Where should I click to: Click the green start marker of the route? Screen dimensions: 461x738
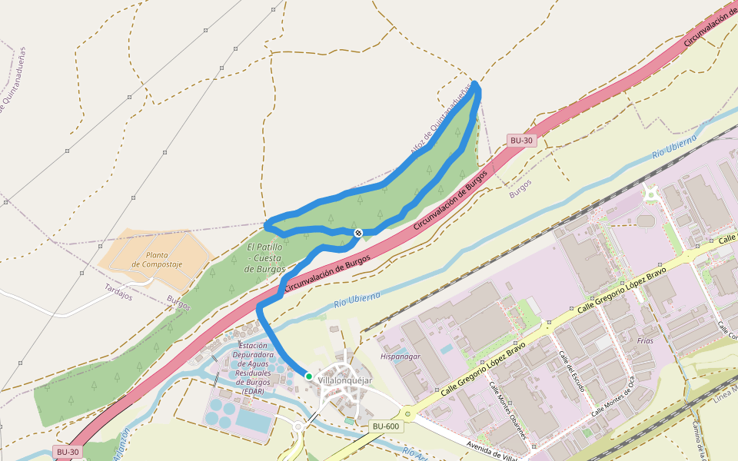coord(308,376)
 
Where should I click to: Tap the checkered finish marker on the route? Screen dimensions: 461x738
coord(358,232)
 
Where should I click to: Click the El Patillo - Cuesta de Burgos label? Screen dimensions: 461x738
coord(265,258)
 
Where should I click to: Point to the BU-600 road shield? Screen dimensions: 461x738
coord(385,426)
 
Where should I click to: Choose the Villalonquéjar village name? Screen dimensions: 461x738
coord(344,380)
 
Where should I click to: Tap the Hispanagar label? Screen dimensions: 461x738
coord(401,357)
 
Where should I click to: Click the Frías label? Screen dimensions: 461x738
coord(645,340)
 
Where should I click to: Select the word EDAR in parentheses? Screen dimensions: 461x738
coord(252,391)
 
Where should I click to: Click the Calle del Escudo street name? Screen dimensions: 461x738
coord(573,371)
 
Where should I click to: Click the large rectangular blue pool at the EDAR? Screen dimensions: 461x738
coord(253,419)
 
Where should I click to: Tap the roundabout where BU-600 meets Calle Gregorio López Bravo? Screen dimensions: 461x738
coord(407,415)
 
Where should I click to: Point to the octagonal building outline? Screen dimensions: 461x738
coord(645,221)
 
